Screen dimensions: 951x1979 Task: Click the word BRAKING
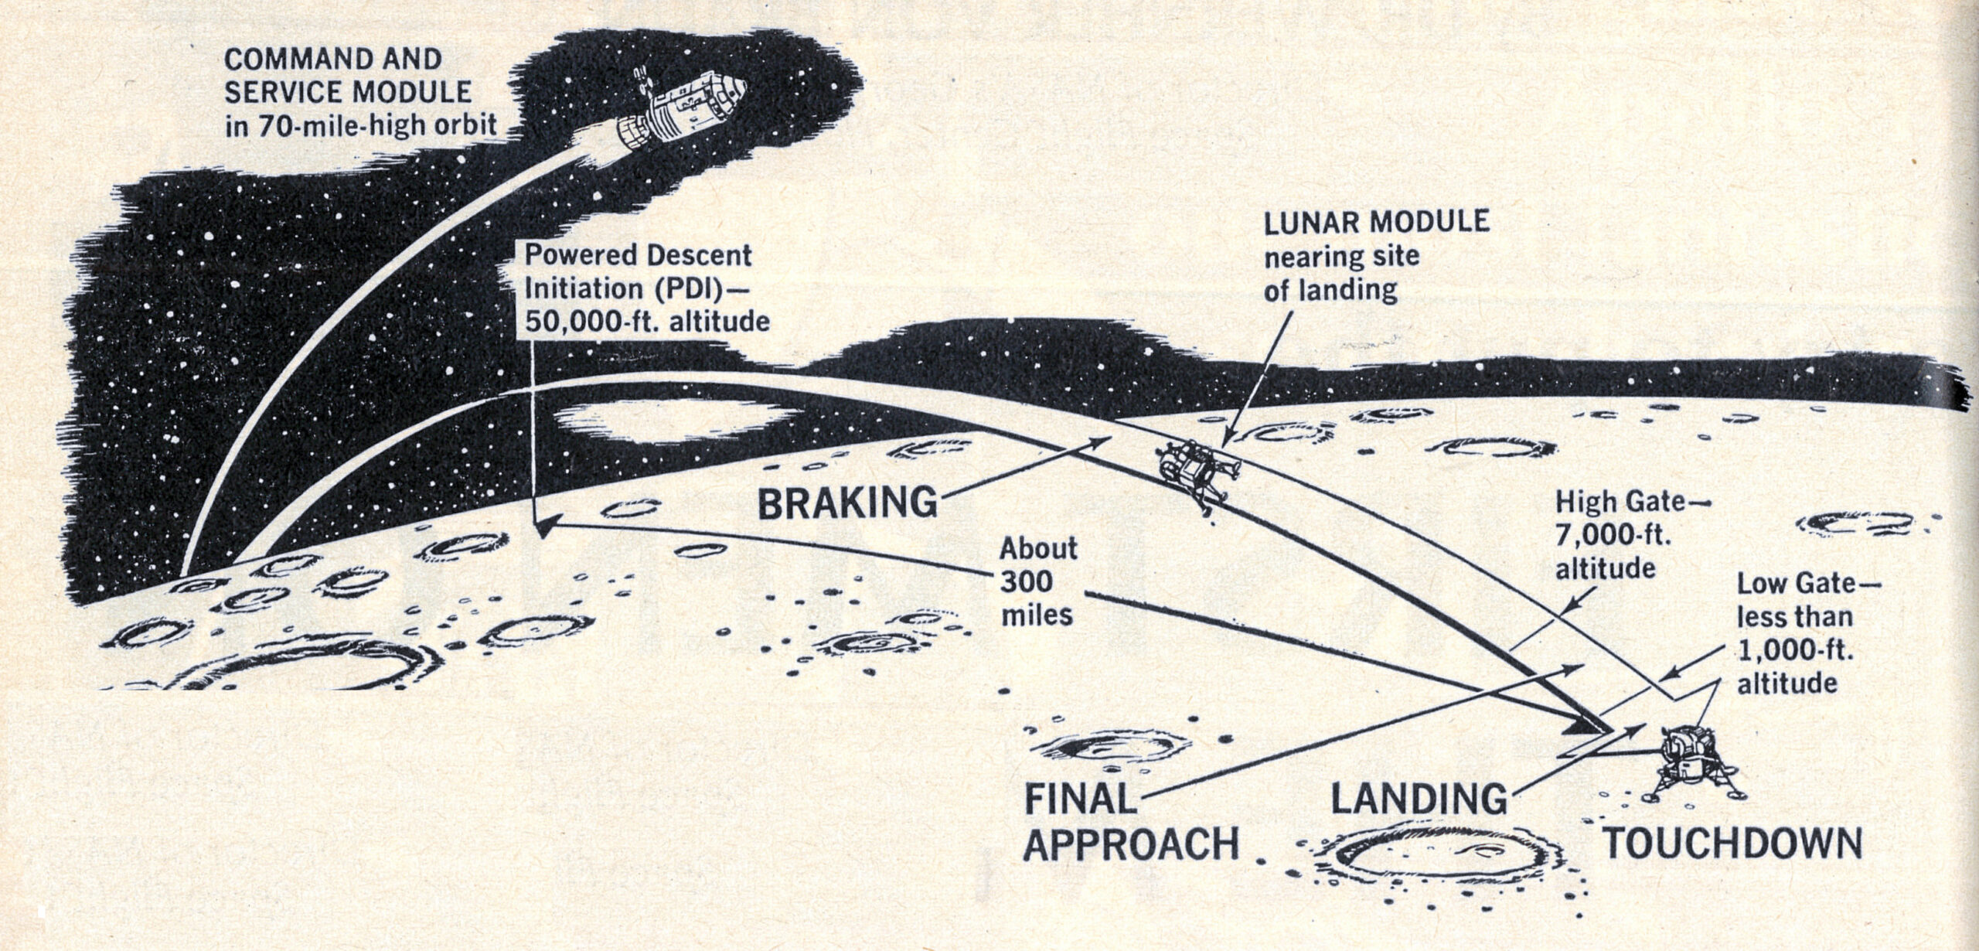(846, 503)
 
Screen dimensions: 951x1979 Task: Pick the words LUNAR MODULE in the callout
(1376, 223)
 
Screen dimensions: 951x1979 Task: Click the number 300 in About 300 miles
(1028, 581)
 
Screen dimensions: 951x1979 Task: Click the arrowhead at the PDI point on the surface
(543, 527)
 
